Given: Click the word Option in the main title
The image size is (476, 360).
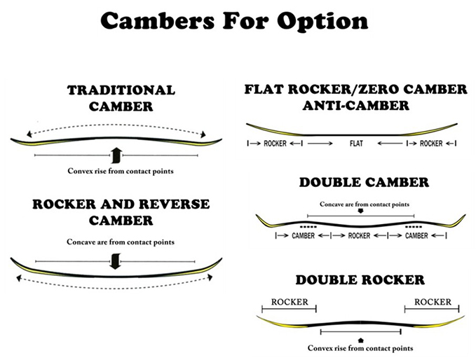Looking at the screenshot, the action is (x=322, y=21).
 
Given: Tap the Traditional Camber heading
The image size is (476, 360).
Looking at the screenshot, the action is (x=121, y=98).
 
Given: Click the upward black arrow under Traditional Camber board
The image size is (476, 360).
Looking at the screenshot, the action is (x=116, y=155).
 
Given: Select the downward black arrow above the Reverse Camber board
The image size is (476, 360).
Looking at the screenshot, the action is (x=116, y=261).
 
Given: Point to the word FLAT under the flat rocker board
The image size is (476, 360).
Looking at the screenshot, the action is (x=356, y=143).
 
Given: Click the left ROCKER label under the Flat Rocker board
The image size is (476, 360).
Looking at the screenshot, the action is (x=275, y=143).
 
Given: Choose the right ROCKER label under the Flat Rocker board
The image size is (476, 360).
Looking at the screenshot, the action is (x=431, y=143).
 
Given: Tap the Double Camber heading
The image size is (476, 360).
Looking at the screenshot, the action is (x=364, y=182).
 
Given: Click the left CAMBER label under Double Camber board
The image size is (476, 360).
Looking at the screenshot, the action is (x=303, y=235).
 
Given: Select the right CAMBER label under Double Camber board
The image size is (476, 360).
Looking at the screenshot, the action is (x=416, y=235).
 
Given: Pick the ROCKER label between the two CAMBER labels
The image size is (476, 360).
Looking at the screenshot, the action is (x=359, y=235).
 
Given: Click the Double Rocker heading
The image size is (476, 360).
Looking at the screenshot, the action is (x=360, y=279).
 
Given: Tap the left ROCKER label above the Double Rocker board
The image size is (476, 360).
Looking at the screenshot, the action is (x=290, y=302).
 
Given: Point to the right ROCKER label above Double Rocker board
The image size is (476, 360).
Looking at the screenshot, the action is (x=433, y=302).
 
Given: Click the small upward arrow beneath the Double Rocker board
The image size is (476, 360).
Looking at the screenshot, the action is (x=360, y=340).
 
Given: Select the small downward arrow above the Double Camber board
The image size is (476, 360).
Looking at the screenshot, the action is (x=360, y=211).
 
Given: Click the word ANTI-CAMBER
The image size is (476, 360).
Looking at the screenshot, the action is (x=356, y=106).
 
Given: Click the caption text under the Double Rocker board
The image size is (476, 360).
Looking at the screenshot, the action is (x=360, y=348).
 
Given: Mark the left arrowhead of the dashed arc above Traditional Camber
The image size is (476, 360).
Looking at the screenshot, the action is (x=29, y=134).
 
